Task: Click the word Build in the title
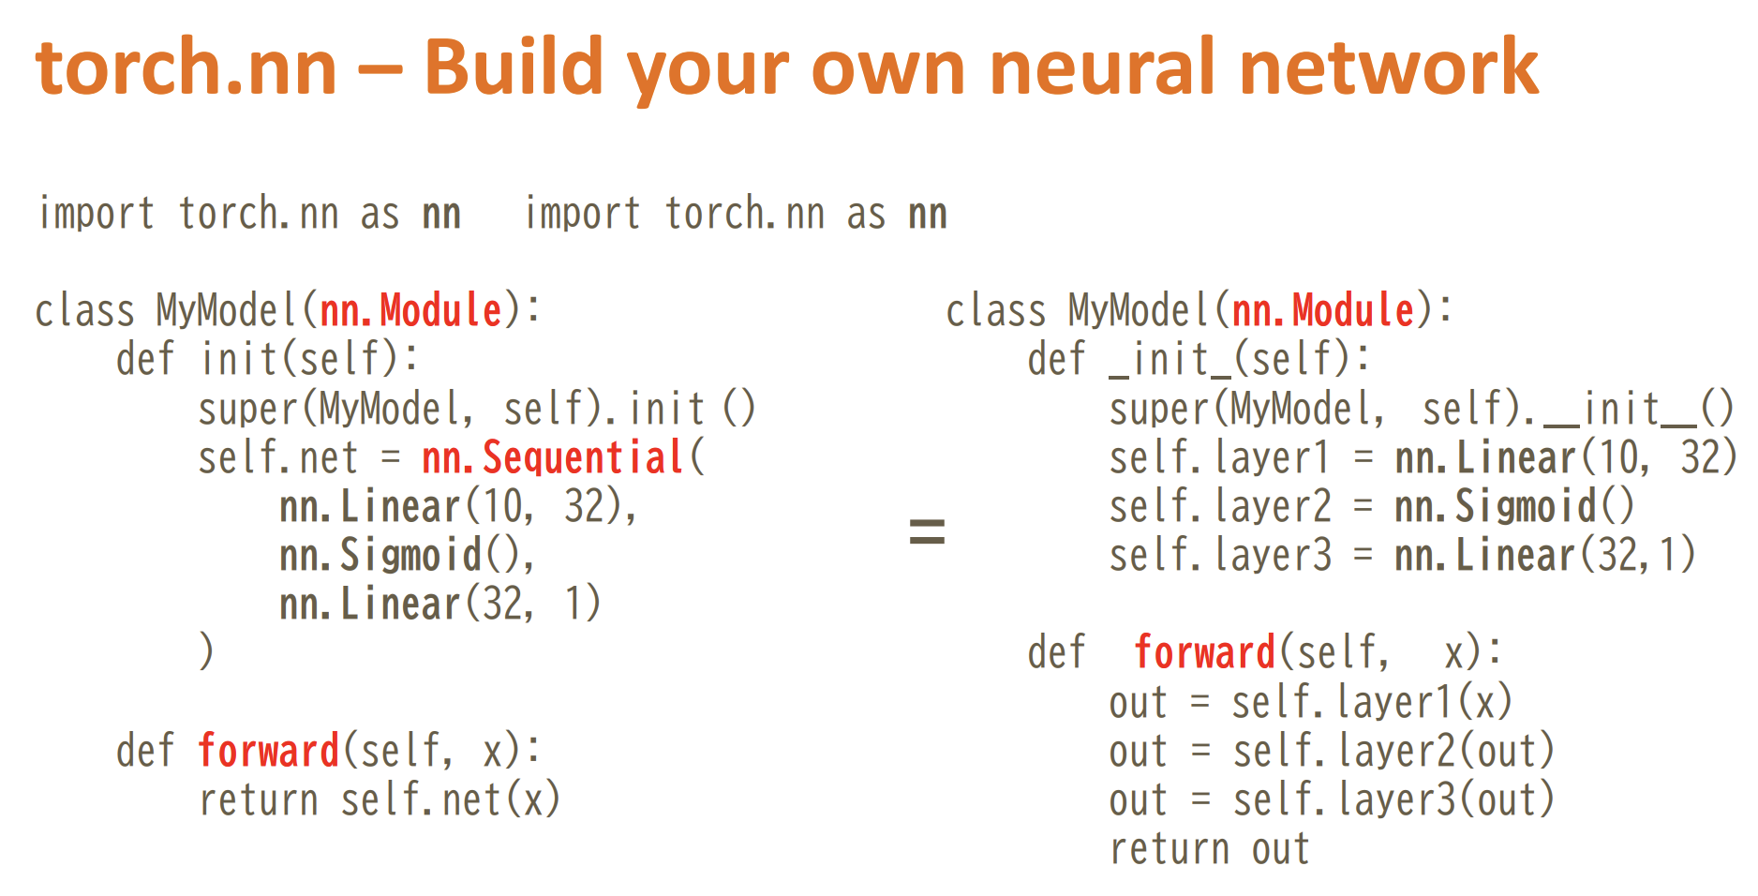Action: tap(514, 67)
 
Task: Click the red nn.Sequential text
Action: tap(552, 457)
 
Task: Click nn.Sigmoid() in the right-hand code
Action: tap(1514, 507)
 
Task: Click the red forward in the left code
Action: tap(269, 751)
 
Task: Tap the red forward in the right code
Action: tap(1204, 652)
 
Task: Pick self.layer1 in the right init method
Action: tap(1219, 457)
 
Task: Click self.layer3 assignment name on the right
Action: tap(1220, 555)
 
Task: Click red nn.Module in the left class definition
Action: tap(411, 310)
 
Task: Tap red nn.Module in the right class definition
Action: tap(1323, 310)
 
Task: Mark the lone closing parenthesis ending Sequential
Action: tap(206, 651)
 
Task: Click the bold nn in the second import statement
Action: tap(928, 215)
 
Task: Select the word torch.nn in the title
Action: tap(186, 67)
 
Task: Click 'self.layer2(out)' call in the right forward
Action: tap(1393, 751)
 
